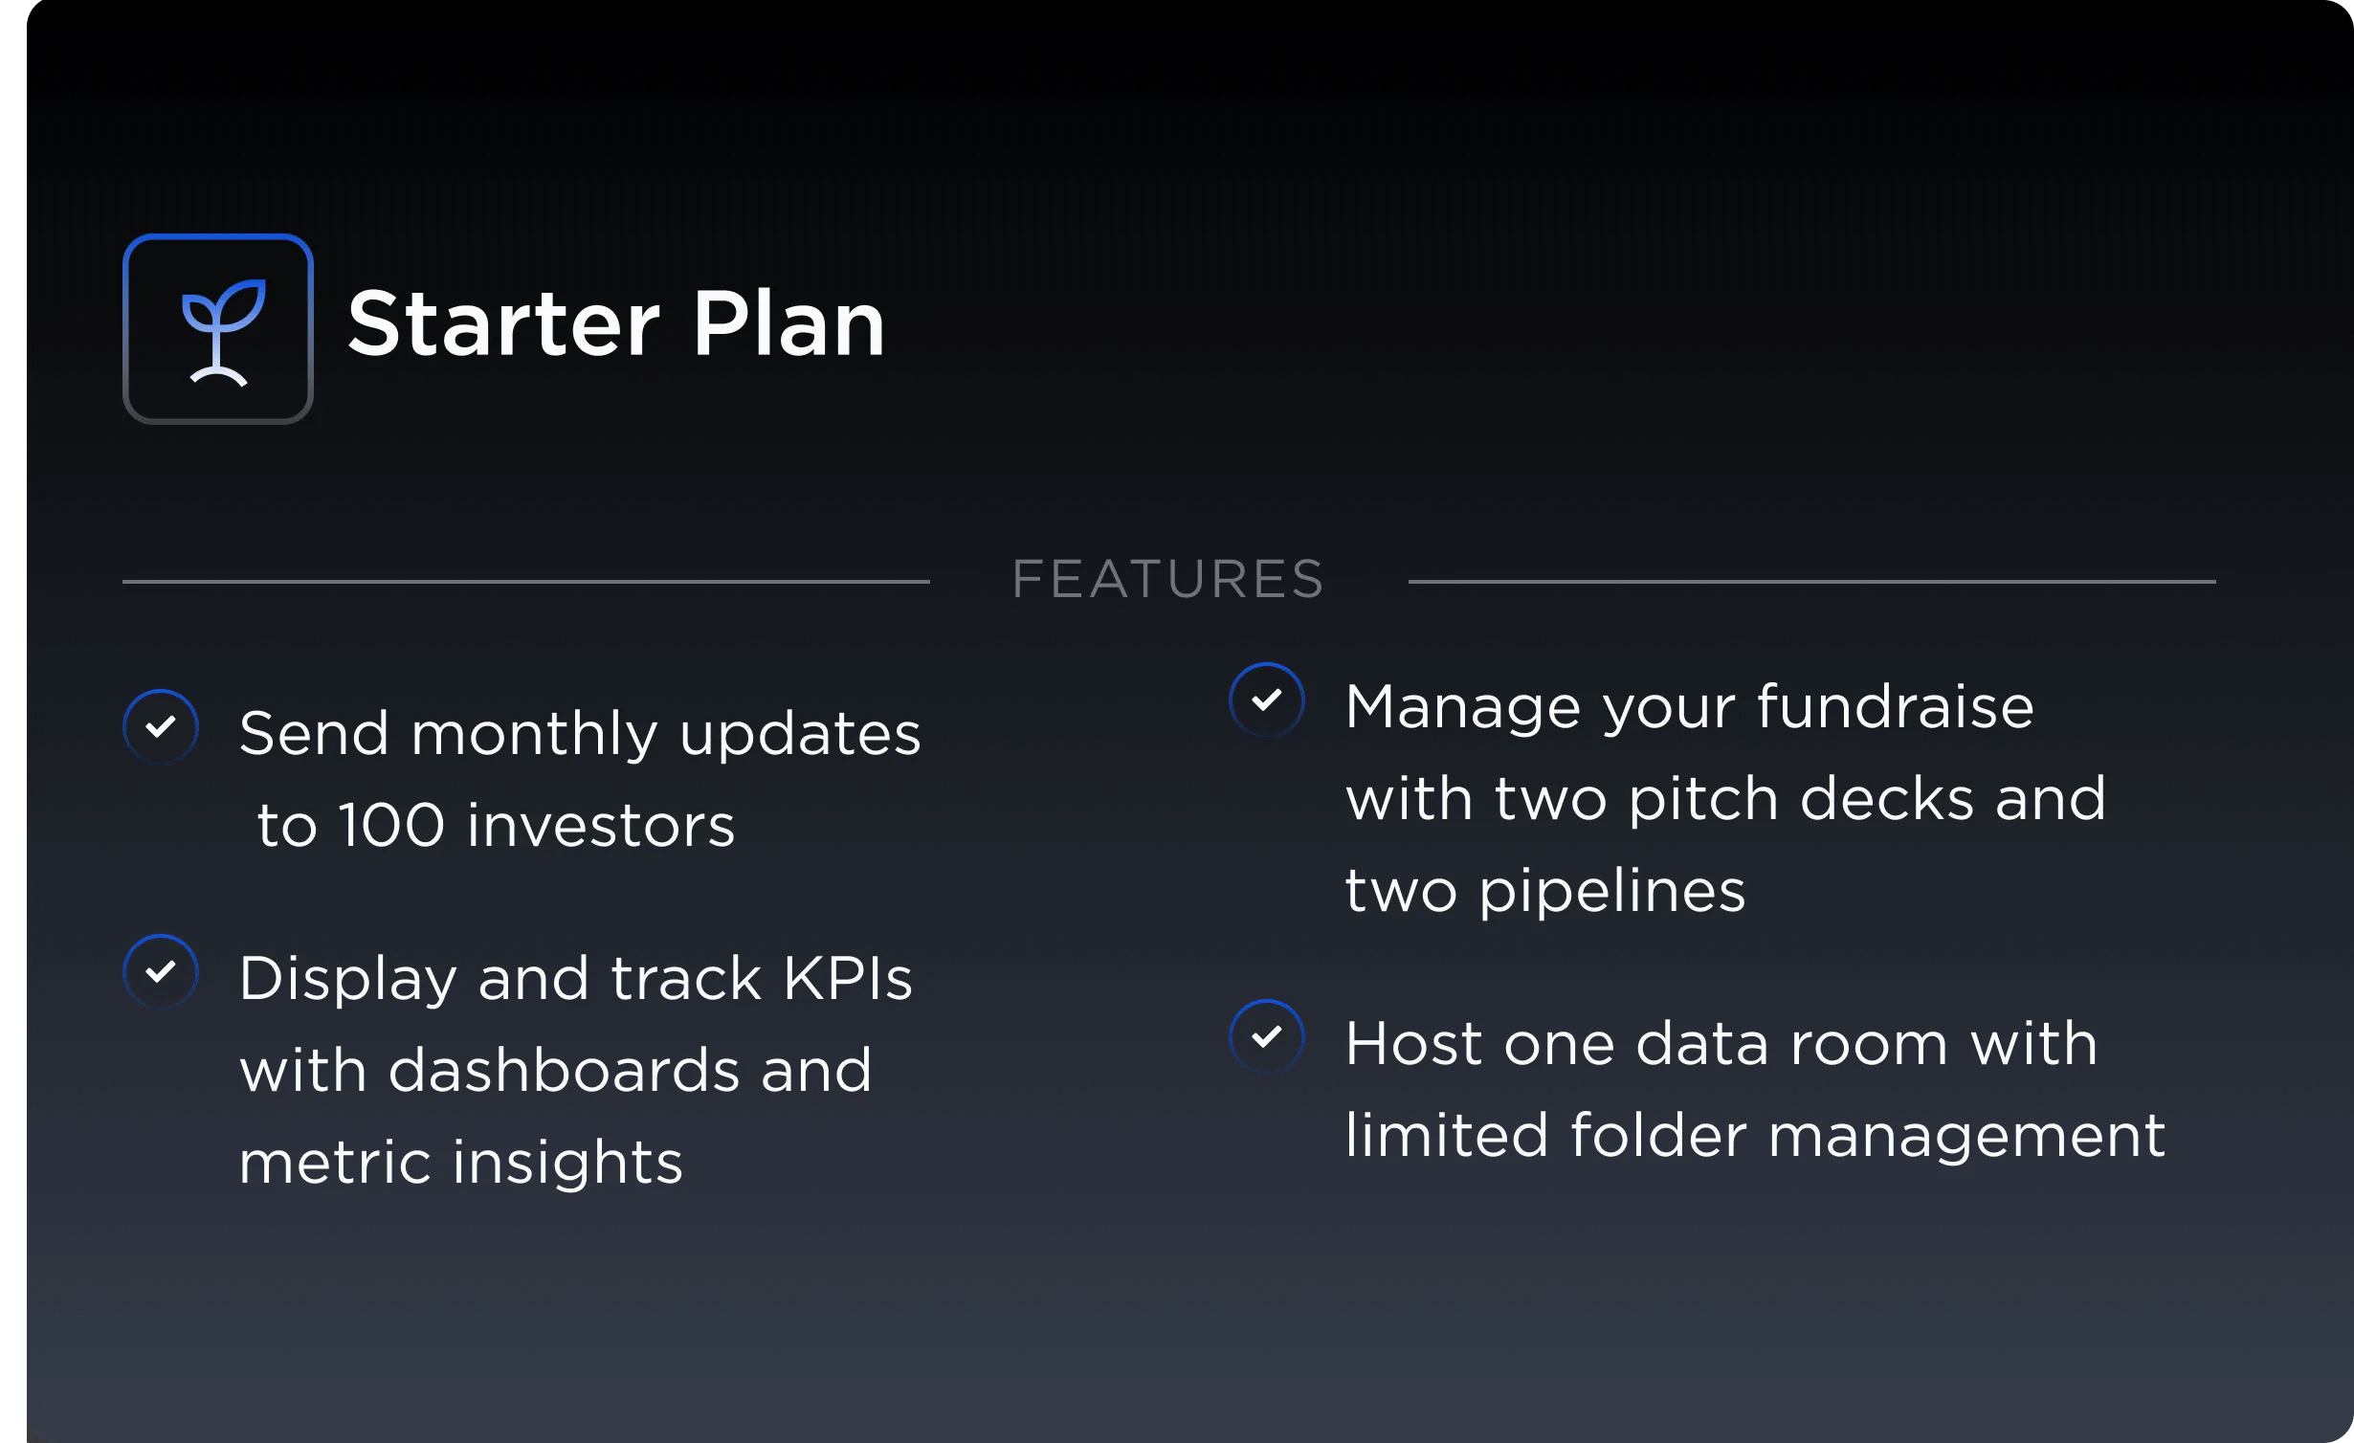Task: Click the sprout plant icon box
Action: click(x=218, y=328)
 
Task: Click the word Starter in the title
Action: click(x=503, y=325)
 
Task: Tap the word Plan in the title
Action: click(x=788, y=325)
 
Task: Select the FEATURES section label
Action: click(x=1168, y=580)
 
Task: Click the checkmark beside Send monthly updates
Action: click(x=161, y=726)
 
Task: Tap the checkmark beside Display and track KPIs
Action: click(x=161, y=971)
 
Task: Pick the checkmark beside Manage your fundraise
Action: click(x=1266, y=699)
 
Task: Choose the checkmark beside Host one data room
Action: click(x=1266, y=1036)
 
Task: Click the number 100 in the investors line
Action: click(x=391, y=826)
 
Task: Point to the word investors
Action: click(x=601, y=826)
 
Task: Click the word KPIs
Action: click(x=848, y=979)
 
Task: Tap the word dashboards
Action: click(x=564, y=1071)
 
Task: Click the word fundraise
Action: click(x=1895, y=708)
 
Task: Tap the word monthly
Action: click(x=534, y=735)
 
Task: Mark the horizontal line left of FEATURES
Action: click(x=526, y=581)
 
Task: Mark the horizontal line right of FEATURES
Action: click(x=1811, y=581)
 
